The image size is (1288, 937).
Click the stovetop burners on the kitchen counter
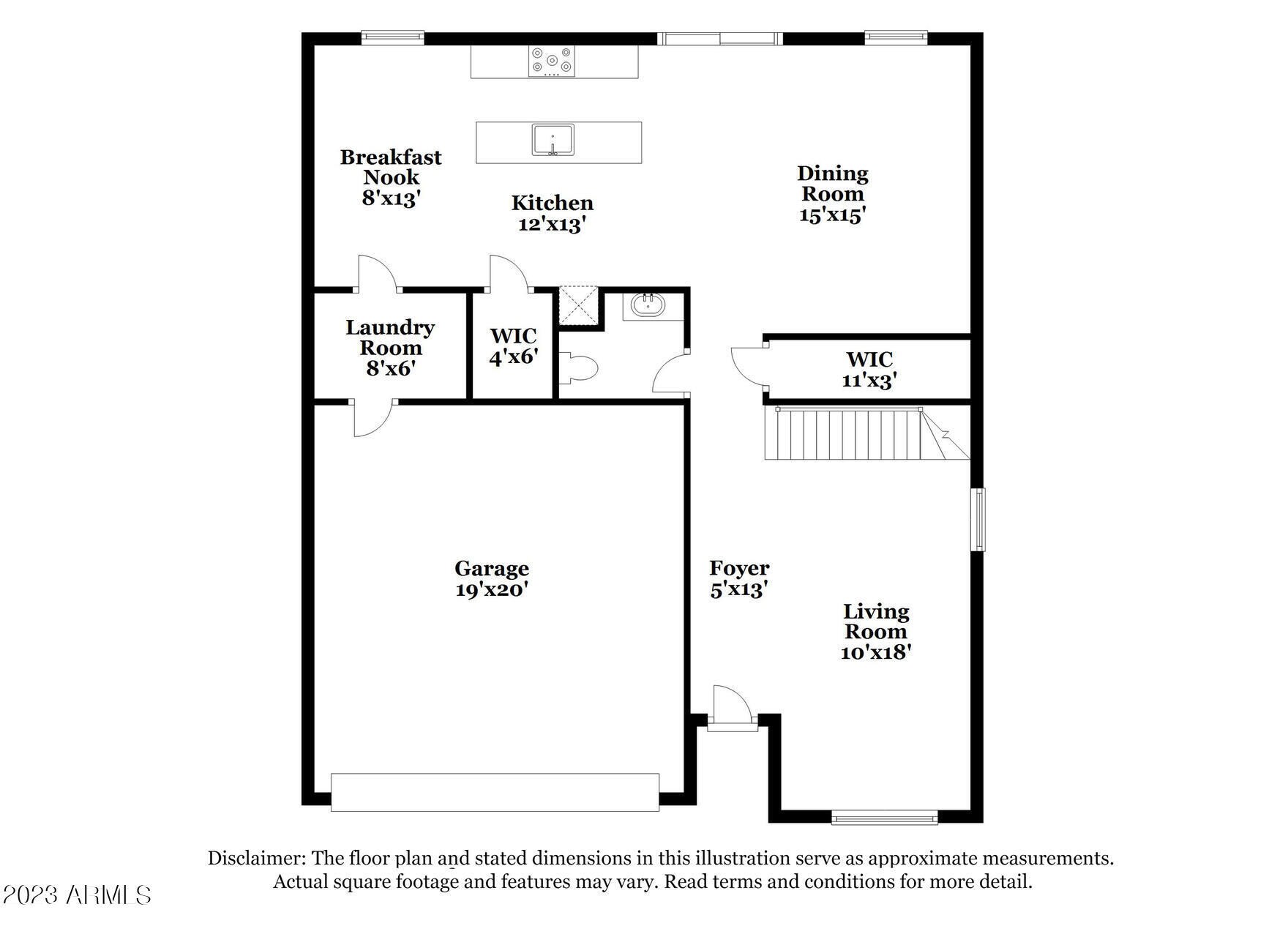(553, 61)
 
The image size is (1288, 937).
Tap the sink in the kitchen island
(553, 140)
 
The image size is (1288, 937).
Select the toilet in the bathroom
(578, 367)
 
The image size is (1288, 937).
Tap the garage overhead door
(495, 792)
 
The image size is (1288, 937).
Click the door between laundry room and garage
(372, 418)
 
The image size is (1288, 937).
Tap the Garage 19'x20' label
(492, 579)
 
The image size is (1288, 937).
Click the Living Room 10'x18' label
(876, 632)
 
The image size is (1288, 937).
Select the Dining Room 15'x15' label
(833, 194)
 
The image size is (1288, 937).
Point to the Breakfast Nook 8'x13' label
(391, 177)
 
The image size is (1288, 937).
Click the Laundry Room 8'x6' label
(390, 348)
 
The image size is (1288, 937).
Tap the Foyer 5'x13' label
(739, 579)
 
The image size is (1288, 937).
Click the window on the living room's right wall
(978, 519)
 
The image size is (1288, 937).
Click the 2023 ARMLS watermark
(77, 895)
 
